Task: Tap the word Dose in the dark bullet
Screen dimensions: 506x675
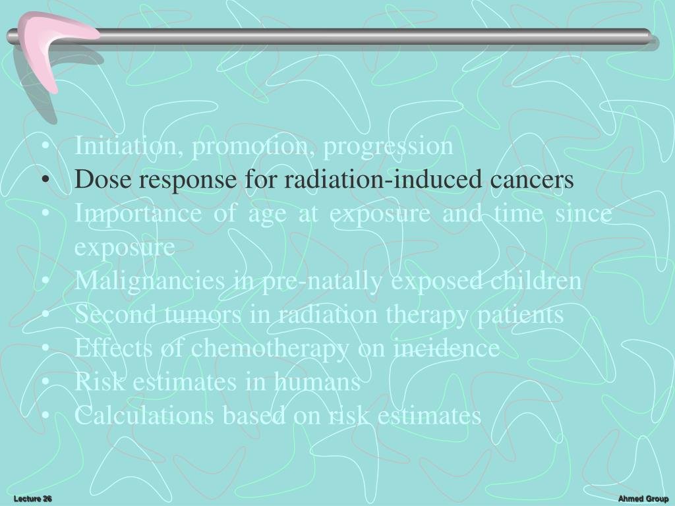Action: (99, 179)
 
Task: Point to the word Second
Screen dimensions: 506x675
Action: (105, 315)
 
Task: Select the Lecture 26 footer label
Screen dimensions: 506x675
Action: (33, 499)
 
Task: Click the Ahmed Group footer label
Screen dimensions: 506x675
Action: (643, 499)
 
